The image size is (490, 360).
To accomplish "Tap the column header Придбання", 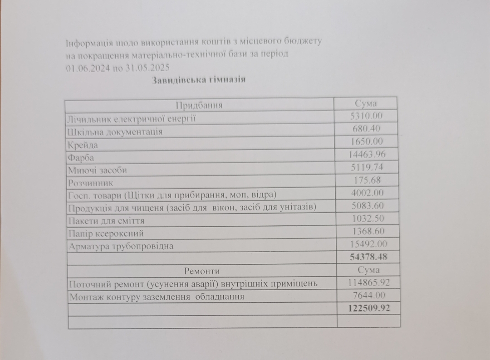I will click(199, 106).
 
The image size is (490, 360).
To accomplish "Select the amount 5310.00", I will click(367, 116).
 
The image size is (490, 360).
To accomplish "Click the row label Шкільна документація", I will click(114, 132).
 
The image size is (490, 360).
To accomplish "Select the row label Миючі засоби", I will click(97, 170).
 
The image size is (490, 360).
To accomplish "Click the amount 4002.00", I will click(367, 193).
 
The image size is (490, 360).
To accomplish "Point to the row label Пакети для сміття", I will click(106, 221).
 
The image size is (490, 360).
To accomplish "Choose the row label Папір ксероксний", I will click(106, 234).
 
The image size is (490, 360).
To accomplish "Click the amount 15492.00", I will click(367, 244).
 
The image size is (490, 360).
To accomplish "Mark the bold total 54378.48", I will click(368, 257).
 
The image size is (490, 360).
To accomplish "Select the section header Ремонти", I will click(202, 271).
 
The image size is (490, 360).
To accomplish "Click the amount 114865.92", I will click(368, 282).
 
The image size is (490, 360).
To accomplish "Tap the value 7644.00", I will click(368, 295).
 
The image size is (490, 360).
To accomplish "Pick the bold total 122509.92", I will click(368, 308).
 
